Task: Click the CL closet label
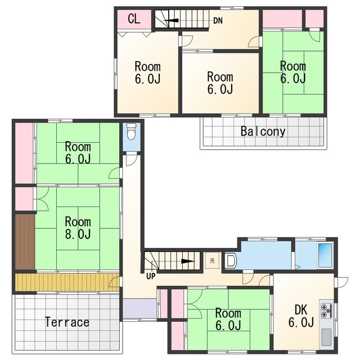pos(134,19)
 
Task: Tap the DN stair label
pos(218,21)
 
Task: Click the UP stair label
pos(151,276)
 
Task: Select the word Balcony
pos(263,132)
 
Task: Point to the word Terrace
pos(67,322)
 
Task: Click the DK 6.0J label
pos(301,316)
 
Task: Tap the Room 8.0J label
pos(78,228)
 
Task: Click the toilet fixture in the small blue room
pos(131,132)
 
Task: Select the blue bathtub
pos(325,255)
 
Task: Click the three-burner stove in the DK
pos(326,310)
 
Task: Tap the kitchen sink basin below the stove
pos(326,337)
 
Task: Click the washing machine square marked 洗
pos(212,260)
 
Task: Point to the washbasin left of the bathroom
pos(231,260)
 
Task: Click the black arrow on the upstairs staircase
pos(170,20)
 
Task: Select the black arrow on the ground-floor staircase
pos(188,261)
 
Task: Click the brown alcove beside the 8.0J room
pos(25,242)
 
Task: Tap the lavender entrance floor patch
pos(139,308)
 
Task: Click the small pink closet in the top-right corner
pos(314,19)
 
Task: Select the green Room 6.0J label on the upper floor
pos(293,73)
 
